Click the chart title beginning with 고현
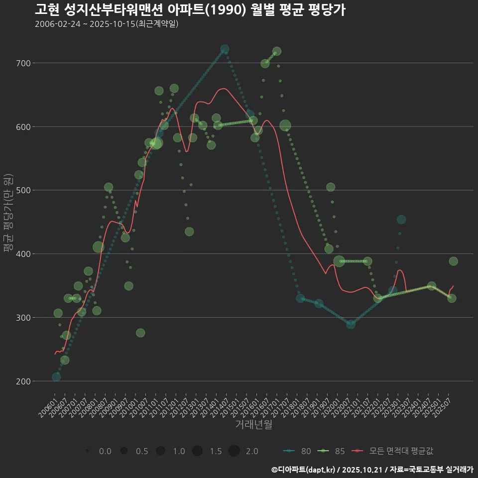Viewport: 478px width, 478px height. tap(190, 9)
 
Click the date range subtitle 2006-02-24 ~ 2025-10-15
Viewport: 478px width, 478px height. tap(107, 24)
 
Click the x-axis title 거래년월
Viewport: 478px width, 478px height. tap(253, 425)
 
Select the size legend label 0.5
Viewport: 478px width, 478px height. tap(142, 452)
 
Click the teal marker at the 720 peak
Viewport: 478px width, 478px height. tap(225, 49)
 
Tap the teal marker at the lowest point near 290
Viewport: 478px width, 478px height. tap(351, 324)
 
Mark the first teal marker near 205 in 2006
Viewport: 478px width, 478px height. tap(56, 377)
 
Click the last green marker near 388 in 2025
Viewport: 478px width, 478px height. tap(453, 261)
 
